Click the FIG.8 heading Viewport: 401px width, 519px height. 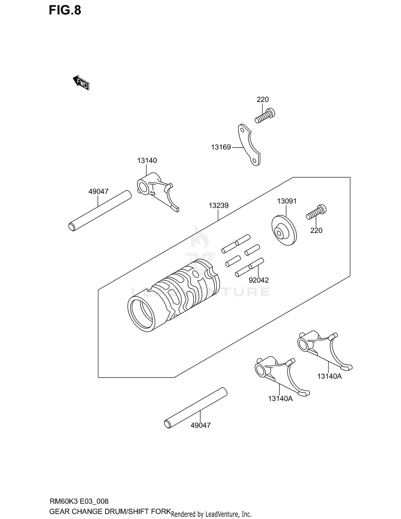click(65, 10)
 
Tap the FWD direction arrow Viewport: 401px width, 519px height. click(81, 82)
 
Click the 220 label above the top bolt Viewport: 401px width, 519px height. click(263, 99)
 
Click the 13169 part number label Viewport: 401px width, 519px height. click(221, 147)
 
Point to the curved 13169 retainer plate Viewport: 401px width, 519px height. click(248, 144)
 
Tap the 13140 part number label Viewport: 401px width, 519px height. click(147, 160)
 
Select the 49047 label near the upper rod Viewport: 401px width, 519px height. click(98, 191)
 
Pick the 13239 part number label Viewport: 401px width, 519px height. click(218, 206)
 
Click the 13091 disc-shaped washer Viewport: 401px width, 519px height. click(284, 230)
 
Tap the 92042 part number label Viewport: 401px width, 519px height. click(259, 280)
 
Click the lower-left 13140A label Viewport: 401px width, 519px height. click(280, 399)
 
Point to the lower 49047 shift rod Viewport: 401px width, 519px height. click(196, 408)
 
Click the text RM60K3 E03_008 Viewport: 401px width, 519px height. click(79, 501)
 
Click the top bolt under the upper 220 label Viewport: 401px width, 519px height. click(265, 116)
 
